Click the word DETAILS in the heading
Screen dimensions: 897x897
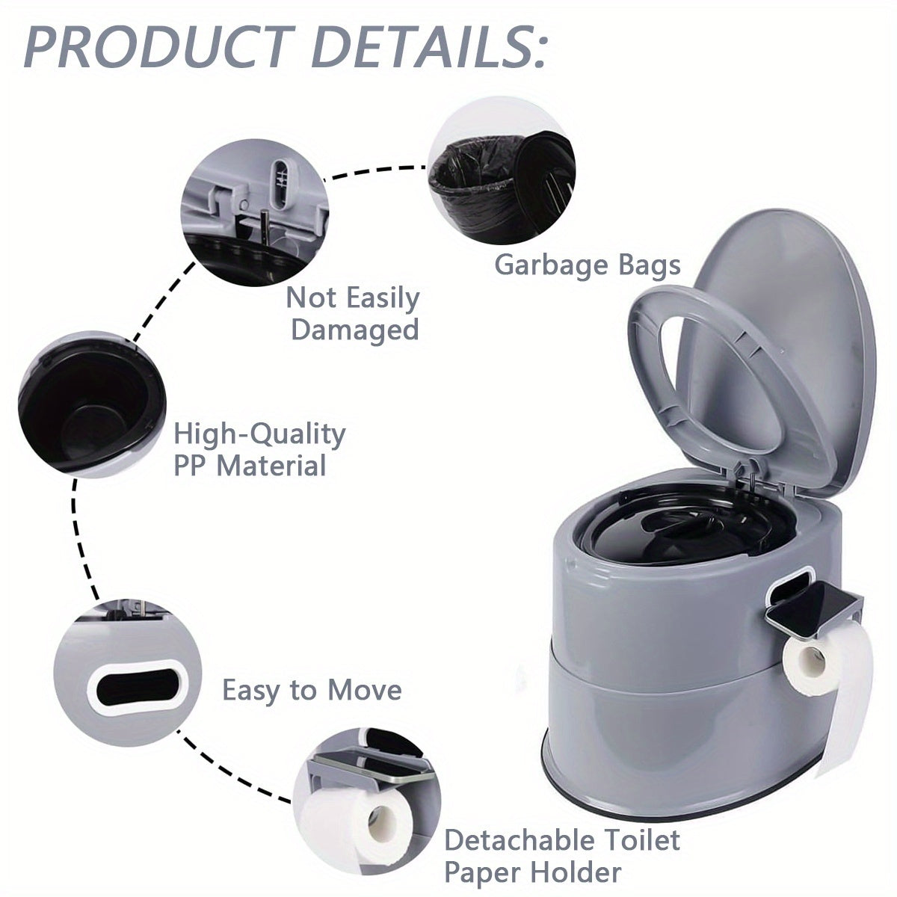[428, 47]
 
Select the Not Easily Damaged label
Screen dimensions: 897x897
[353, 314]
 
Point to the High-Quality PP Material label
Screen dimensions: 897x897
[259, 450]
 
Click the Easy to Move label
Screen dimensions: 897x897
[312, 691]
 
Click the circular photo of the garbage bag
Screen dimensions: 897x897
[502, 171]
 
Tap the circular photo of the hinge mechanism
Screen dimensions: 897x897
[255, 213]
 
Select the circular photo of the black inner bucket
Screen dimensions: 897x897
[92, 404]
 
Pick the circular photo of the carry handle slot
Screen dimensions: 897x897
[128, 673]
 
